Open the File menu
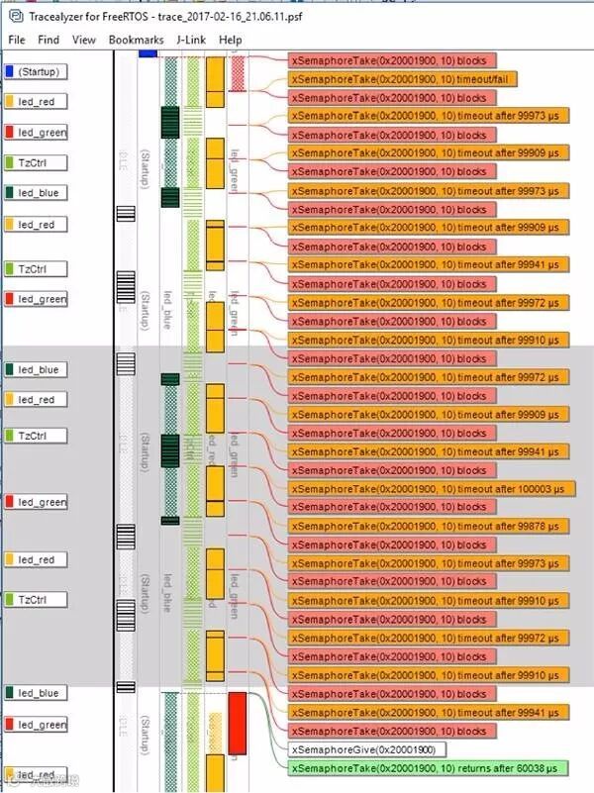point(17,40)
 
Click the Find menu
point(49,40)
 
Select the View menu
point(84,40)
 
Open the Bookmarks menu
point(137,40)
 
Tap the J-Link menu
point(191,40)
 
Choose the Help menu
point(231,40)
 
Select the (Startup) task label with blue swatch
point(36,71)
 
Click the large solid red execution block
point(237,722)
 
